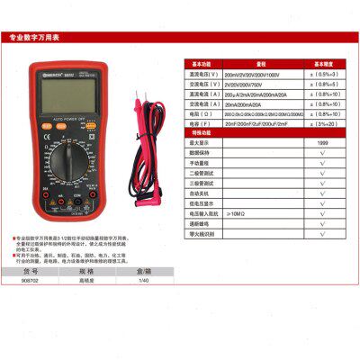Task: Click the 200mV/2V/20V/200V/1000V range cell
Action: pos(262,76)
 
